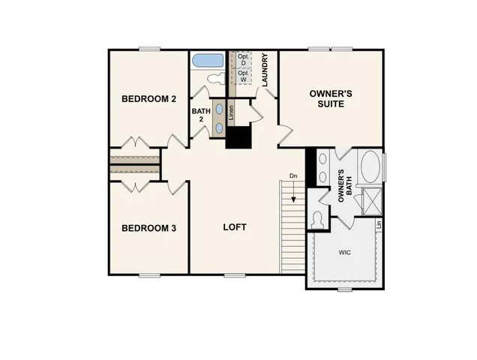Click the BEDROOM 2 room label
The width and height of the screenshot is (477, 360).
coord(149,98)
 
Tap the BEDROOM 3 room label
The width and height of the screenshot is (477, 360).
coord(149,227)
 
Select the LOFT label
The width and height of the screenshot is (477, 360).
coord(235,226)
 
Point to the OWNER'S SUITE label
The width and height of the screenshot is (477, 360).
coord(327,99)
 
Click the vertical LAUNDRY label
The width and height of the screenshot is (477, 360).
coord(265,70)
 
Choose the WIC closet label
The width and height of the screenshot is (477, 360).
coord(345,252)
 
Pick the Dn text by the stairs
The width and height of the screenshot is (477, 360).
coord(293,177)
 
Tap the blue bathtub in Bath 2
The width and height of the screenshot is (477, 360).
coord(206,60)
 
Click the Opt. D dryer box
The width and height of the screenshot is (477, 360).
coord(243,59)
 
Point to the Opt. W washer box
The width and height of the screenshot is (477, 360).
coord(243,76)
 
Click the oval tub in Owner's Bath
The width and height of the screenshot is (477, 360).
coord(370,167)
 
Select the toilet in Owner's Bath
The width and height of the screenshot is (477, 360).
coord(317,220)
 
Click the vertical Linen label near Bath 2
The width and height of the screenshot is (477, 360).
coord(231,113)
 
